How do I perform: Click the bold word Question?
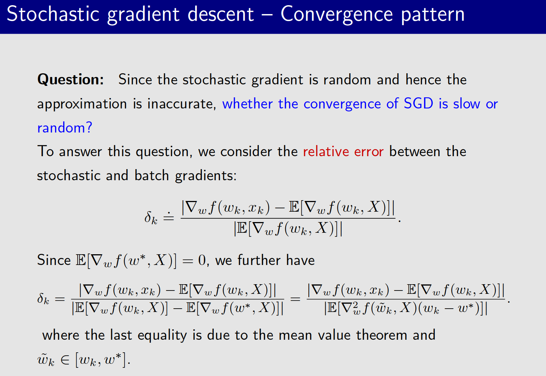tap(70, 80)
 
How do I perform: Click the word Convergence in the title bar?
tap(336, 15)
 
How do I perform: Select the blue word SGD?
tap(418, 104)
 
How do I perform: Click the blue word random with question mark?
tap(64, 128)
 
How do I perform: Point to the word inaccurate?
tap(182, 104)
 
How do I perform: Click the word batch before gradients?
tap(152, 175)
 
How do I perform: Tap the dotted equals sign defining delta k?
tap(169, 217)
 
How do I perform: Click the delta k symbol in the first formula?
tap(151, 218)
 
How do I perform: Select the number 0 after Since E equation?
tap(202, 261)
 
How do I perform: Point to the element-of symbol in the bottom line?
tap(65, 360)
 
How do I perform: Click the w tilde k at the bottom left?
tap(46, 360)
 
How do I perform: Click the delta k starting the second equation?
tap(43, 299)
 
